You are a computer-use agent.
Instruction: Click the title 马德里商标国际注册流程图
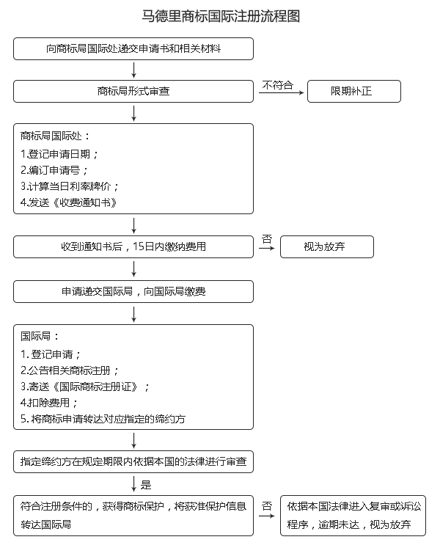pyautogui.click(x=221, y=16)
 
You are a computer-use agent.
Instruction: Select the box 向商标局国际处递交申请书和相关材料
pyautogui.click(x=133, y=48)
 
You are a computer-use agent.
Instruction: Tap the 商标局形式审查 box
pyautogui.click(x=133, y=91)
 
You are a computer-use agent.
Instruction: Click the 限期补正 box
pyautogui.click(x=354, y=91)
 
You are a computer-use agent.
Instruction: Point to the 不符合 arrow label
pyautogui.click(x=278, y=85)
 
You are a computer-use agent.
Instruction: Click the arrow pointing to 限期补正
pyautogui.click(x=281, y=93)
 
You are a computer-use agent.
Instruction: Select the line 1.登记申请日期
pyautogui.click(x=59, y=154)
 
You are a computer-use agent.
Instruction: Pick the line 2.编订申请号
pyautogui.click(x=54, y=170)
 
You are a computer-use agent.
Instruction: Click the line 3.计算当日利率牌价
pyautogui.click(x=70, y=186)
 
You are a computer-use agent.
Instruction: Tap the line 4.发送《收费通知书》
pyautogui.click(x=68, y=202)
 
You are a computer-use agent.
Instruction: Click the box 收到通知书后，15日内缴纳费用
pyautogui.click(x=133, y=246)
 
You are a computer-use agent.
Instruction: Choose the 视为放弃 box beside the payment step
pyautogui.click(x=327, y=246)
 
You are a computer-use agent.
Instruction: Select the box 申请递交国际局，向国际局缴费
pyautogui.click(x=133, y=291)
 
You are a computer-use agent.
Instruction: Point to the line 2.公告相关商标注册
pyautogui.click(x=69, y=370)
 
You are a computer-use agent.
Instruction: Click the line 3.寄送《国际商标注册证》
pyautogui.click(x=85, y=387)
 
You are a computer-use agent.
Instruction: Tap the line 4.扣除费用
pyautogui.click(x=49, y=403)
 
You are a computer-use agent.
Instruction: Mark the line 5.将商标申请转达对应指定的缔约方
pyautogui.click(x=103, y=419)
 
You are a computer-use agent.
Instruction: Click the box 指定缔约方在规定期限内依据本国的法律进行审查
pyautogui.click(x=133, y=461)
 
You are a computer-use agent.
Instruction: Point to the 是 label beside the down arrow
pyautogui.click(x=146, y=485)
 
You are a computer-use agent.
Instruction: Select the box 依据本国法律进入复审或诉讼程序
pyautogui.click(x=353, y=516)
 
